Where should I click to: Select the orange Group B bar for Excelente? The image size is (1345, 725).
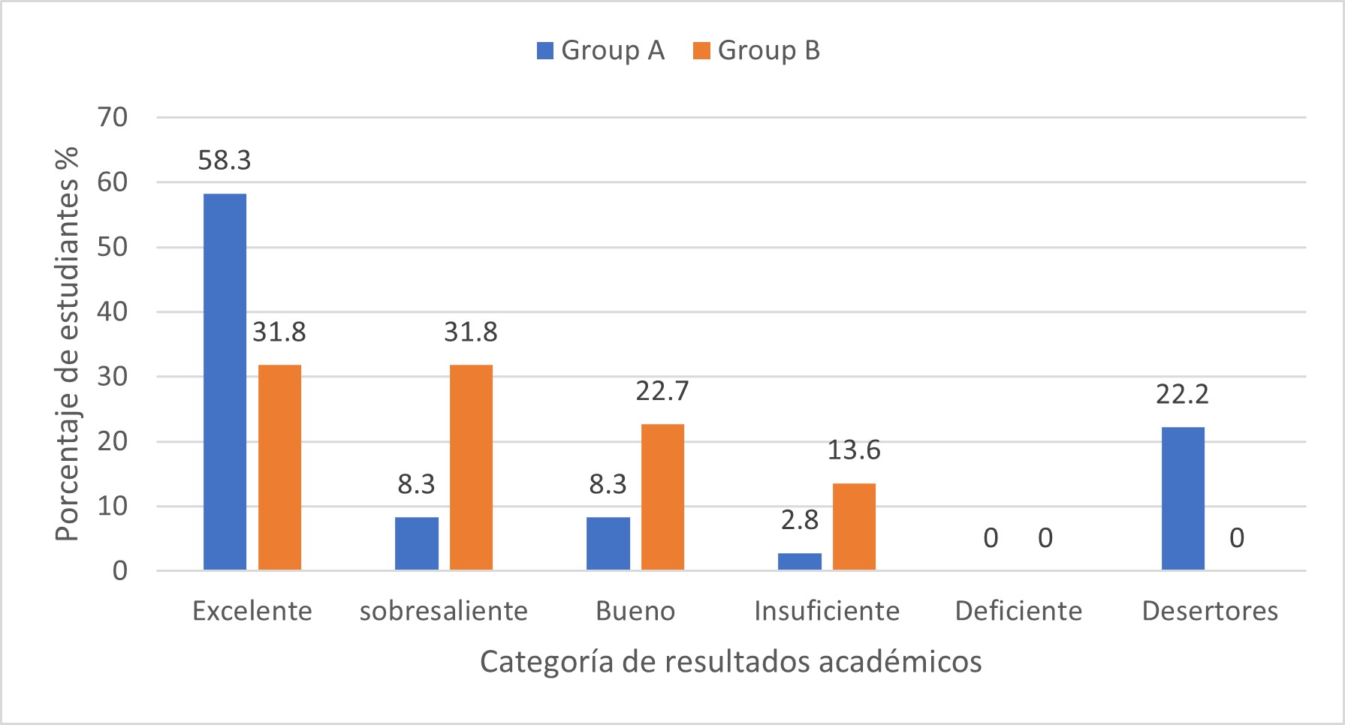click(x=279, y=467)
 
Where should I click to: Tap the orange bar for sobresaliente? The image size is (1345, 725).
click(x=471, y=467)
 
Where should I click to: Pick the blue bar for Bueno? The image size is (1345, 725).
click(x=608, y=543)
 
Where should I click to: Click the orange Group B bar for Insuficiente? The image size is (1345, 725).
click(x=854, y=526)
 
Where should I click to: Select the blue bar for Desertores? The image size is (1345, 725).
click(x=1182, y=498)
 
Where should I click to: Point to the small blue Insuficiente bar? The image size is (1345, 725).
click(x=799, y=561)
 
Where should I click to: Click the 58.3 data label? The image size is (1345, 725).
click(x=225, y=160)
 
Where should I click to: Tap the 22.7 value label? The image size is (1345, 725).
click(x=662, y=391)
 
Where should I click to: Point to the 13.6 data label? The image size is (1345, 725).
click(x=854, y=450)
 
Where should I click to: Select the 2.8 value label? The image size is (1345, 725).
click(x=799, y=519)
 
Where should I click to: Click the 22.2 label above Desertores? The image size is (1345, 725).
click(x=1182, y=394)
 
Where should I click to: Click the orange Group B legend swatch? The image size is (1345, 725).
click(x=701, y=50)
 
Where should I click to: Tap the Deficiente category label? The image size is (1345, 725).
click(x=1018, y=611)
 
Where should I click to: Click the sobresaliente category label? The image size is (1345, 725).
click(x=444, y=611)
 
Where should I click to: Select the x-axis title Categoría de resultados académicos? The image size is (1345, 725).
click(x=731, y=661)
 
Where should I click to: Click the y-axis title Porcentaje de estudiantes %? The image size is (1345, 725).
click(x=68, y=344)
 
